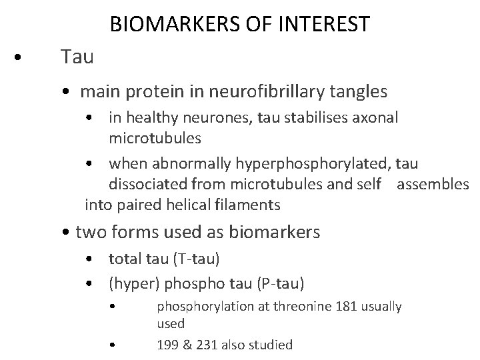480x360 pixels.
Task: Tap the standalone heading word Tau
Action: [77, 57]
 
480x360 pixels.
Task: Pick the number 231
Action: [205, 345]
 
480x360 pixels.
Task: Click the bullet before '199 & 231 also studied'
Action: [114, 345]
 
